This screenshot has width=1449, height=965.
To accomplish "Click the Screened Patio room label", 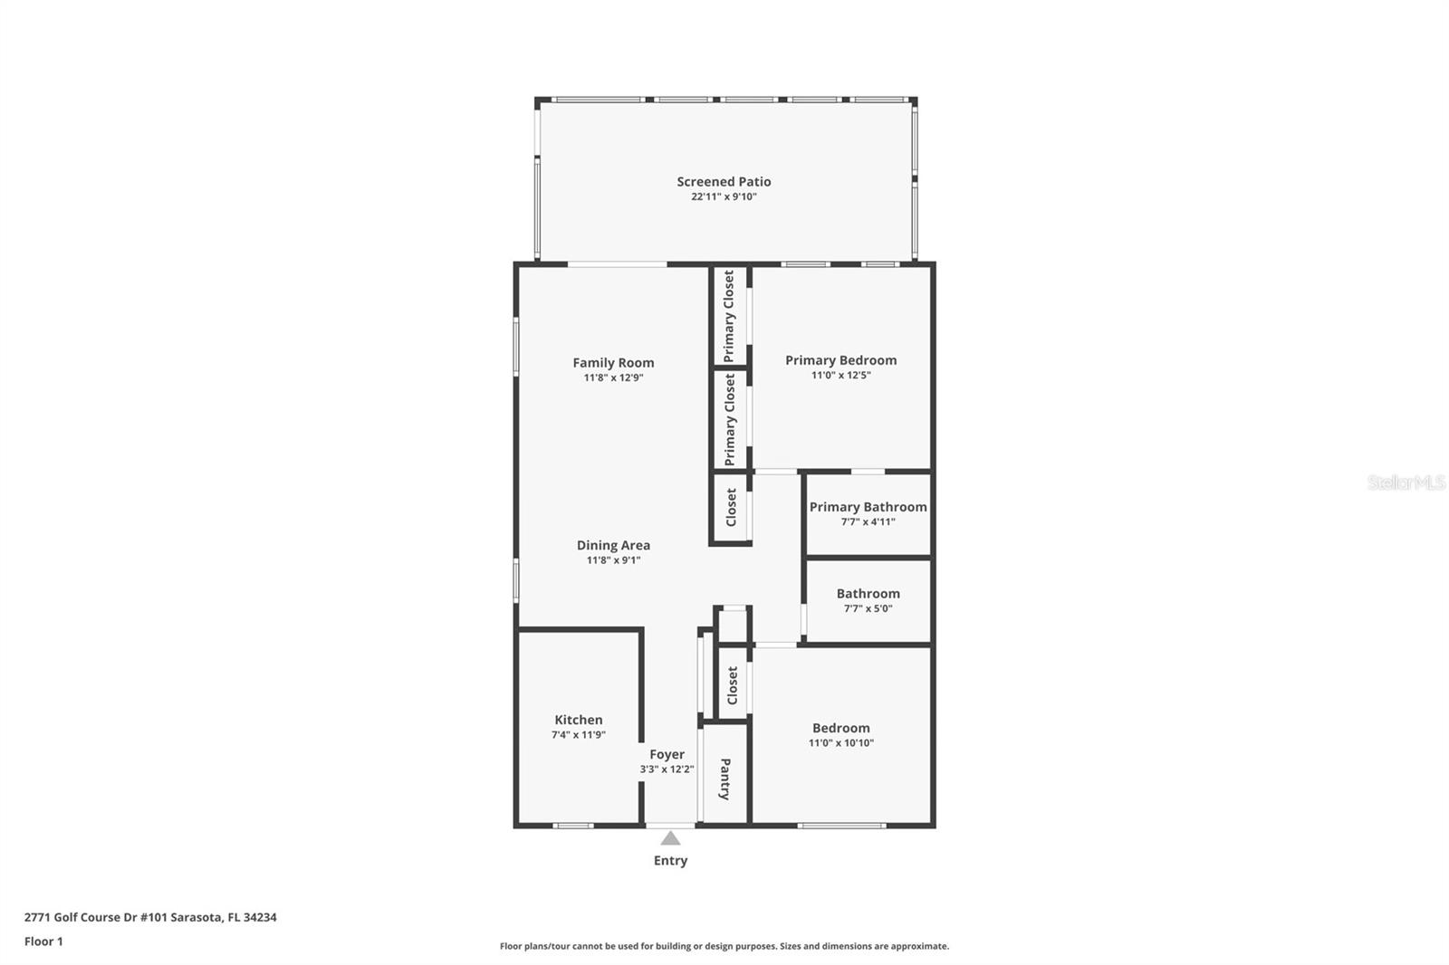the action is point(724,182).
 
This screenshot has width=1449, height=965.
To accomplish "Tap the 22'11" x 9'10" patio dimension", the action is point(724,196).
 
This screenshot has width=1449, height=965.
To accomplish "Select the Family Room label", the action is point(613,363).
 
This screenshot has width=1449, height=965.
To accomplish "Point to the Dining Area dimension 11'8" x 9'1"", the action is point(613,560).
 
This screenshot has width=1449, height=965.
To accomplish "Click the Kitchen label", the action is point(579,720).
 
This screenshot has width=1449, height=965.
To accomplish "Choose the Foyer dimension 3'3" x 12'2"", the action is point(667,769).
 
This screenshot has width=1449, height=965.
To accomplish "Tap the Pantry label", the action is point(725,779).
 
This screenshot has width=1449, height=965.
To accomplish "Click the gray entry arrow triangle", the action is point(670,839).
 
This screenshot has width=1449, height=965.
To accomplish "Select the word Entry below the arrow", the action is point(670,861).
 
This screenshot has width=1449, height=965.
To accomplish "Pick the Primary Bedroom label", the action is point(841,360).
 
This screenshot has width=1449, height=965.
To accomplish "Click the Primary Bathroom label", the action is point(868,507).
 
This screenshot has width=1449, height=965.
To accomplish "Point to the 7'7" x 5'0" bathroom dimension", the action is point(868,608).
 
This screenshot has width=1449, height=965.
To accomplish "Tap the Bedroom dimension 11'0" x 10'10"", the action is point(841,743).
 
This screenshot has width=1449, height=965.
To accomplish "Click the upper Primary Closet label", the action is point(729,316).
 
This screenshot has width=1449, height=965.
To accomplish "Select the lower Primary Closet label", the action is point(730,419).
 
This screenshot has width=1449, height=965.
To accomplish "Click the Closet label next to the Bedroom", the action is point(733,685).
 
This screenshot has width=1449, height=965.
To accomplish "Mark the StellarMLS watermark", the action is point(1406,482).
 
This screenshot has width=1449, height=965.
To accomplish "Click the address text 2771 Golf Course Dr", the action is point(81,917).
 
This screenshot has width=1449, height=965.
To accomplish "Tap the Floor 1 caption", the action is point(44,941).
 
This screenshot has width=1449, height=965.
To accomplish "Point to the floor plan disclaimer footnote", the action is point(724,946).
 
